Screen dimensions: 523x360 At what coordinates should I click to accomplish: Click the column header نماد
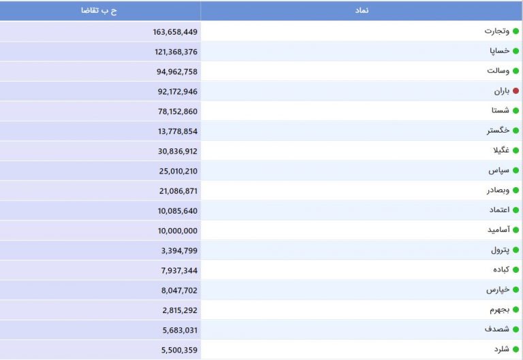pos(362,10)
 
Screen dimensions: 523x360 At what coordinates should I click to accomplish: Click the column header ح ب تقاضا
pos(99,11)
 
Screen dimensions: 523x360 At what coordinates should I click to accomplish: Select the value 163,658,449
pos(175,32)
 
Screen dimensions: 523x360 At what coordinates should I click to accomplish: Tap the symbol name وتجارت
pos(496,31)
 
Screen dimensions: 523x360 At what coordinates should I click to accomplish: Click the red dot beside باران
pos(516,91)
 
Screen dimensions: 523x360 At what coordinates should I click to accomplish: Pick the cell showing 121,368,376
pos(176,52)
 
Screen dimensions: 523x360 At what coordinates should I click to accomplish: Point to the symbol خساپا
pos(499,51)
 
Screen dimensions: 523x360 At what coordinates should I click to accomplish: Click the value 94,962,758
pos(177,71)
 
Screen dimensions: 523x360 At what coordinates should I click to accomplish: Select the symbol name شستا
pos(501,110)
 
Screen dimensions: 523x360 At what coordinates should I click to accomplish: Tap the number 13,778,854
pos(178,131)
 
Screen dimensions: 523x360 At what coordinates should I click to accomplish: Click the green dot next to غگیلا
pos(516,150)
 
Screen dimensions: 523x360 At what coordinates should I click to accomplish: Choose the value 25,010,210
pos(178,171)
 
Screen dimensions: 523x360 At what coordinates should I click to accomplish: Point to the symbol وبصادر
pos(498,191)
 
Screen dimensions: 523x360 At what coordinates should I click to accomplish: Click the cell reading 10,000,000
pos(178,231)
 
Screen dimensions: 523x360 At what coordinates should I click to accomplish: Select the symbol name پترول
pos(500,250)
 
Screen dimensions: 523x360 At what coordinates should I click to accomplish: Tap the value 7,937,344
pos(179,271)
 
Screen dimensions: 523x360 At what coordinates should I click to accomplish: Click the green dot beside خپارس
pos(516,290)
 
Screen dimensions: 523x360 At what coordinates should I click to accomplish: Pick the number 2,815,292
pos(180,310)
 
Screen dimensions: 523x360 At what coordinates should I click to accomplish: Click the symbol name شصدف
pos(497,329)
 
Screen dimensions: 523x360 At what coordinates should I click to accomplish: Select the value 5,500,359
pos(179,350)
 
